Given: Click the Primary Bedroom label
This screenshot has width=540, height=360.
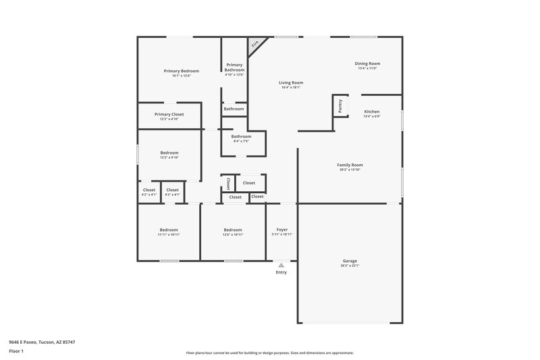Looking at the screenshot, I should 182,71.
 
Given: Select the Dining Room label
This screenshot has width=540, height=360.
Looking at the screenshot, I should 368,63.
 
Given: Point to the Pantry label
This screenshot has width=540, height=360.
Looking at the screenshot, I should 340,105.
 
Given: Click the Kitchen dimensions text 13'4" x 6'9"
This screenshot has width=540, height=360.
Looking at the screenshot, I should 372,116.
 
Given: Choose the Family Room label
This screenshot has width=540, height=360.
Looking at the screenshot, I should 350,165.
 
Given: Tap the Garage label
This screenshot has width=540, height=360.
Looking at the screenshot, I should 350,261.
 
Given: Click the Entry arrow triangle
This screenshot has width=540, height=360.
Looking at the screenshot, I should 281,265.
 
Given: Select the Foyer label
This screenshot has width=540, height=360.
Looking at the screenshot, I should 282,230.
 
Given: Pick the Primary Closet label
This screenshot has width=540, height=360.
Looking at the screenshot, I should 169,114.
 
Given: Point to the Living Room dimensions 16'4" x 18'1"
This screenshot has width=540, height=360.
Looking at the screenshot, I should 291,87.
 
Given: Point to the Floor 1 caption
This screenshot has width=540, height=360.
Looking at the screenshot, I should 16,351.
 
